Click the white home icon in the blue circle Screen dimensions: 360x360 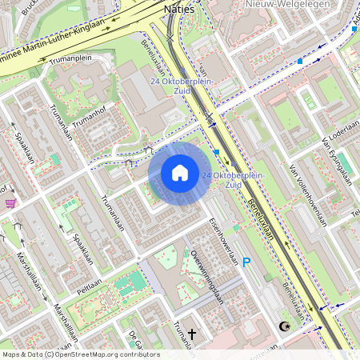[180, 173]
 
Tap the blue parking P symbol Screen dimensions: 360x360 [246, 262]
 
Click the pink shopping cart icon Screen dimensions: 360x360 [10, 203]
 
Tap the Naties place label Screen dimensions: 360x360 [178, 9]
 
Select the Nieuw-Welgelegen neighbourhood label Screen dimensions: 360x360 [278, 4]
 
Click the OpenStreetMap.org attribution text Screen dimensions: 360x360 [98, 354]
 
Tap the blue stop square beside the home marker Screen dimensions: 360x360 [216, 151]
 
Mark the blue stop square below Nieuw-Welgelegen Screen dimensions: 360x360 [300, 61]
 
